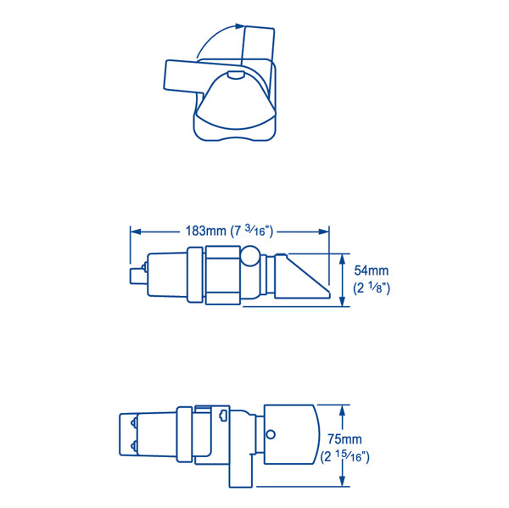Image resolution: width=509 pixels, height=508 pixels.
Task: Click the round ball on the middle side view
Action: click(251, 257)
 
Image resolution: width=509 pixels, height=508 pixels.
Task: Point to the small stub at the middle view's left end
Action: click(134, 276)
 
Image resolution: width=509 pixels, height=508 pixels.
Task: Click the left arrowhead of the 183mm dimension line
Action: click(133, 230)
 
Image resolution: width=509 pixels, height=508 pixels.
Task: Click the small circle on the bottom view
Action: click(271, 436)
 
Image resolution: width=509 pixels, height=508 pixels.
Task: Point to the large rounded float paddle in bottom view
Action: click(293, 433)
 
